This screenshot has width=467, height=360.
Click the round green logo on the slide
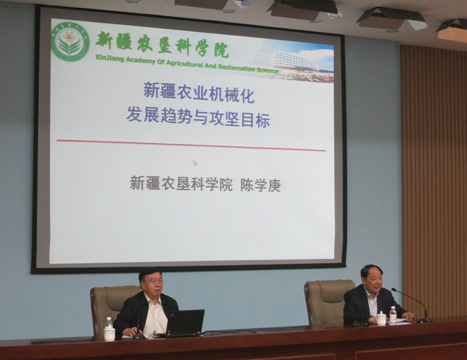pyautogui.click(x=71, y=43)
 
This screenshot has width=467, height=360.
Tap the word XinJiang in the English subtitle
pyautogui.click(x=108, y=58)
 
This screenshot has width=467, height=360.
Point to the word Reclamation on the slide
pyautogui.click(x=237, y=68)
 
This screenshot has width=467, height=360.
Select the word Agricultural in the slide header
pyautogui.click(x=185, y=64)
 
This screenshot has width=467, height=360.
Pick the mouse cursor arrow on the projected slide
pyautogui.click(x=195, y=163)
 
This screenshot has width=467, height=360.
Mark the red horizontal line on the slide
pyautogui.click(x=191, y=145)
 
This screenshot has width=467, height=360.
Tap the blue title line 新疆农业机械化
pyautogui.click(x=198, y=93)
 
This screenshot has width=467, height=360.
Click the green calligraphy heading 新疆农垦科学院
pyautogui.click(x=163, y=44)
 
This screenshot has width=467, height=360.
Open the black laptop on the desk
pyautogui.click(x=183, y=323)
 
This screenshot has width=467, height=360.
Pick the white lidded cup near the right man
pyautogui.click(x=381, y=318)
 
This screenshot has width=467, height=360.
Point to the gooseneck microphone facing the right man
pyautogui.click(x=411, y=303)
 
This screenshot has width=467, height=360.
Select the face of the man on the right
pyautogui.click(x=371, y=280)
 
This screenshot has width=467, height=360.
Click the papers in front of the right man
pyautogui.click(x=400, y=320)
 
